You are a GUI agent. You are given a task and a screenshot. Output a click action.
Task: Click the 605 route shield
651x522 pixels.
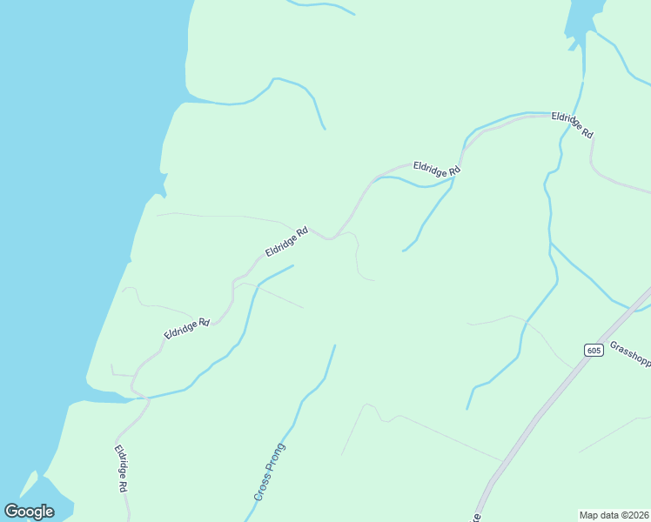click(x=594, y=351)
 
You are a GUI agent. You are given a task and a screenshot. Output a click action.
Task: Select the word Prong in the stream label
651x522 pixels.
click(x=277, y=455)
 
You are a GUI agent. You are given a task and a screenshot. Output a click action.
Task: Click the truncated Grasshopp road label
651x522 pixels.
click(x=630, y=354)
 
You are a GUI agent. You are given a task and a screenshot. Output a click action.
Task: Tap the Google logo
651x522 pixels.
click(x=29, y=512)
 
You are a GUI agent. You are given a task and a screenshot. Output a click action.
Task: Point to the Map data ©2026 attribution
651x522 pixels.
click(x=614, y=515)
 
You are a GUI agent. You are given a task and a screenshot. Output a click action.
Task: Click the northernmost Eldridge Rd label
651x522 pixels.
click(x=572, y=125)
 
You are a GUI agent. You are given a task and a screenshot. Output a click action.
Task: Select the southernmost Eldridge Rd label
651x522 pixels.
click(x=121, y=469)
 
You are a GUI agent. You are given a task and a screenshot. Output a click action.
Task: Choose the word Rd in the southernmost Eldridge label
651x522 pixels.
click(x=124, y=485)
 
